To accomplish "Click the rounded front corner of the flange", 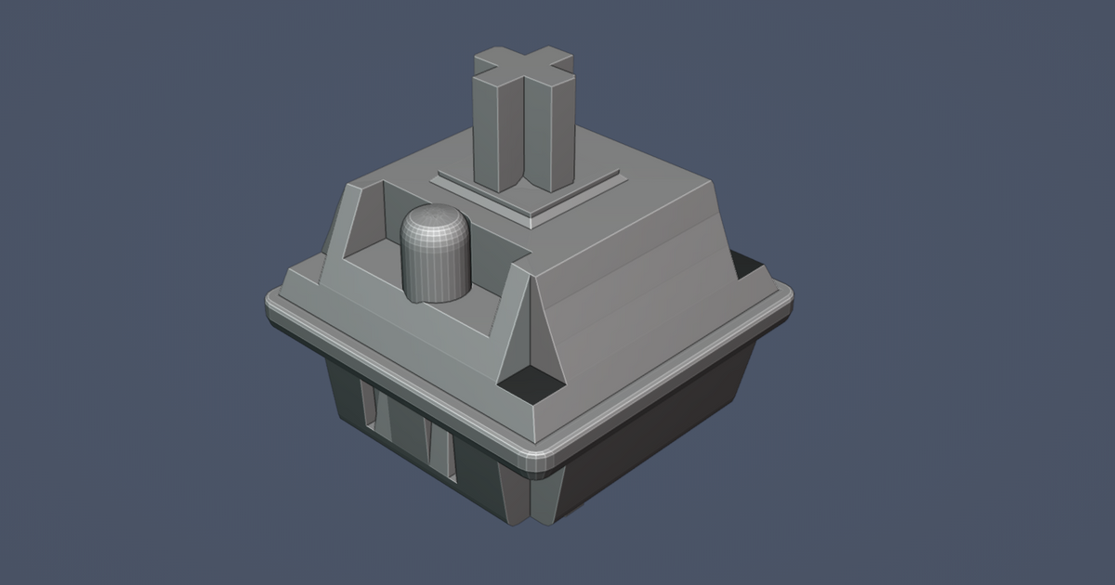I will pos(538,455).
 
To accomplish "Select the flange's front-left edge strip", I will pos(400,381).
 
